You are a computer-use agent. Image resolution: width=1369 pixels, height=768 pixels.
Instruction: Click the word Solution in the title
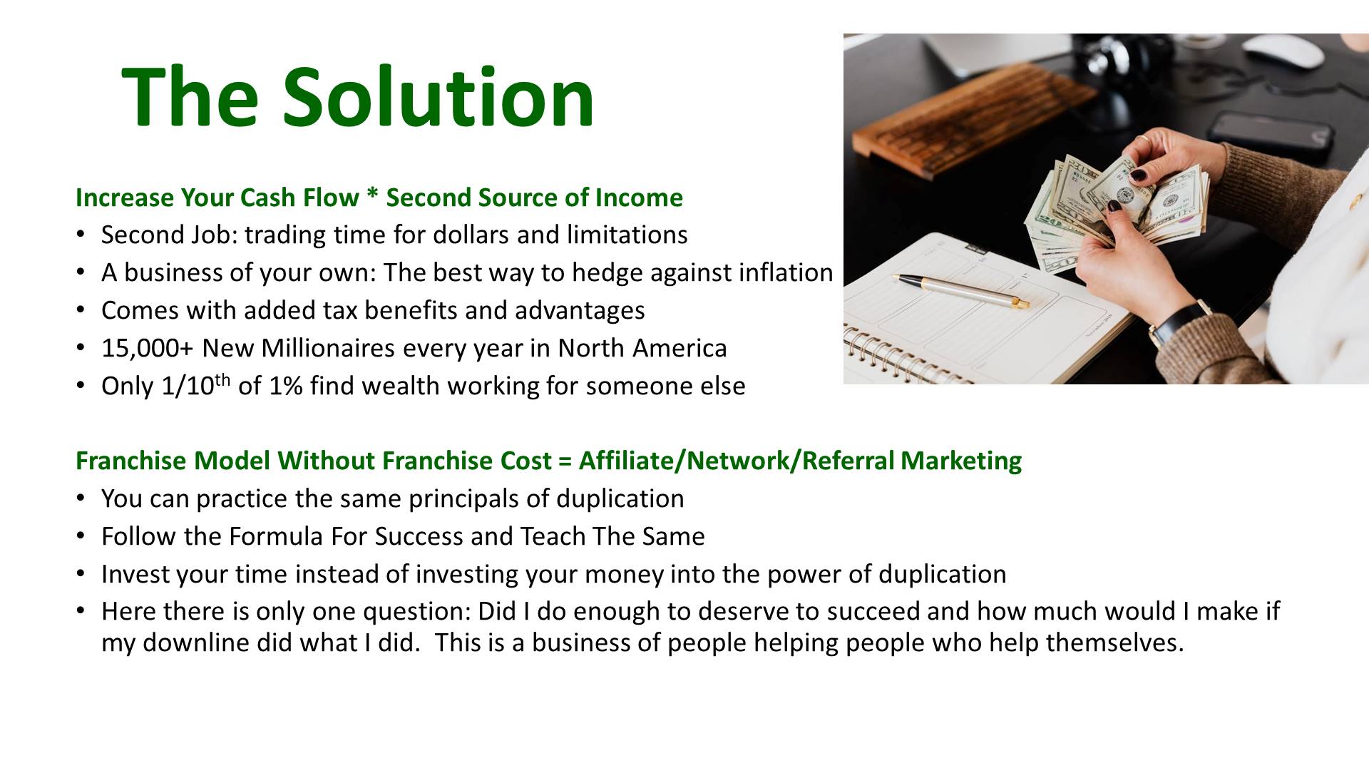coord(438,96)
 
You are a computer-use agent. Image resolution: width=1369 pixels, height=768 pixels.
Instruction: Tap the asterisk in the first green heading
coord(372,195)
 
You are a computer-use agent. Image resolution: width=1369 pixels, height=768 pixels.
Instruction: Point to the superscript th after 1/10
coord(222,379)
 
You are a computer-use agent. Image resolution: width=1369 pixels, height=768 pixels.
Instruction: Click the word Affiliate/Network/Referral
coord(736,461)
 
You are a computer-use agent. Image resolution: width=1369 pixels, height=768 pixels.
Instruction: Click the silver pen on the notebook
coord(963,291)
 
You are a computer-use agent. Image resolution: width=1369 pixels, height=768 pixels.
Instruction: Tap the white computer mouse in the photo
coord(1283,50)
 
